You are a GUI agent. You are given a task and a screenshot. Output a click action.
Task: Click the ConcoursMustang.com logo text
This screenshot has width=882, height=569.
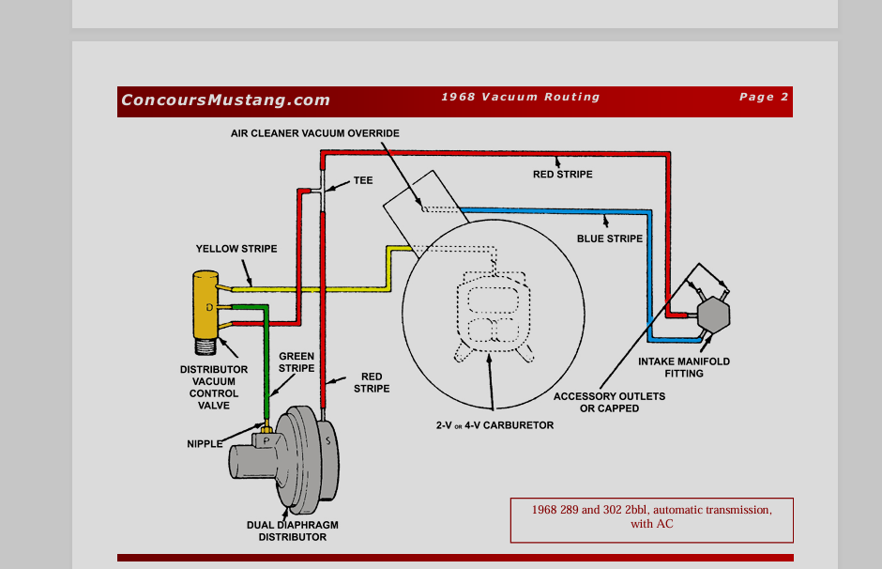pos(225,100)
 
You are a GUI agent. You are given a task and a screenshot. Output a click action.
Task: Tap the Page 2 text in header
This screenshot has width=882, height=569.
pos(764,97)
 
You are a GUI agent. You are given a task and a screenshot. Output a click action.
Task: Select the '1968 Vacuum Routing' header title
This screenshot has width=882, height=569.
pos(520,97)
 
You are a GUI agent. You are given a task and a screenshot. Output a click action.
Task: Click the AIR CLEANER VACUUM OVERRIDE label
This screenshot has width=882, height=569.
pos(315,133)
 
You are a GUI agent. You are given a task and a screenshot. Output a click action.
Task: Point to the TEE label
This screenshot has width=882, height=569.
pos(363,180)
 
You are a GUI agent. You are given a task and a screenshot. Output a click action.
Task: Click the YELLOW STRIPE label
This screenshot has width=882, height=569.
pos(236,249)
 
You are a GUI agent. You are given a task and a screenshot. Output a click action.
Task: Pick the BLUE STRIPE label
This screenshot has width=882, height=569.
pos(610,238)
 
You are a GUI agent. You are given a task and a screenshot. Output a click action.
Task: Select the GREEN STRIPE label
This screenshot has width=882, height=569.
pos(297,362)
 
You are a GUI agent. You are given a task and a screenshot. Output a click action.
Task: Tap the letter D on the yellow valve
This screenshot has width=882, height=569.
pos(209,308)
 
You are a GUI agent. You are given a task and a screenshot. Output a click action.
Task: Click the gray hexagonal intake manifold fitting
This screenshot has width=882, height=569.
pos(713,314)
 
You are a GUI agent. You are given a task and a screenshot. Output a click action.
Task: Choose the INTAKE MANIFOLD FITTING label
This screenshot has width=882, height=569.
pos(684,367)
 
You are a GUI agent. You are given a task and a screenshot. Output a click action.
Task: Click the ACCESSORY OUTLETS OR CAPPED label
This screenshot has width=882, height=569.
pos(609,402)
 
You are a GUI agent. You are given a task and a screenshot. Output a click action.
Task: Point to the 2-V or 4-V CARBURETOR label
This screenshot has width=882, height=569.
pos(494,425)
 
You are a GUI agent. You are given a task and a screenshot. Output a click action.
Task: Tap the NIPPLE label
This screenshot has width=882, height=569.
pos(205,443)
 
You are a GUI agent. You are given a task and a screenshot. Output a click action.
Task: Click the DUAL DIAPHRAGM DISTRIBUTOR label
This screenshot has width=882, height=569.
pos(293,531)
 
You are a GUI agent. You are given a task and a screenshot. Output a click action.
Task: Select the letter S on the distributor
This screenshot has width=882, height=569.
pos(327,439)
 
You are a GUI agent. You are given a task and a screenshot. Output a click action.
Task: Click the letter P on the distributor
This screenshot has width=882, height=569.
pos(266,439)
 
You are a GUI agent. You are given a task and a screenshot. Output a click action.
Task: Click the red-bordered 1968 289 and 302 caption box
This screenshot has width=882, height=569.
pos(651,519)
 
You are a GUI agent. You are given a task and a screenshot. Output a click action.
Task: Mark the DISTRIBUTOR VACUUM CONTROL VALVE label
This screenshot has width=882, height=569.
pos(214,387)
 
